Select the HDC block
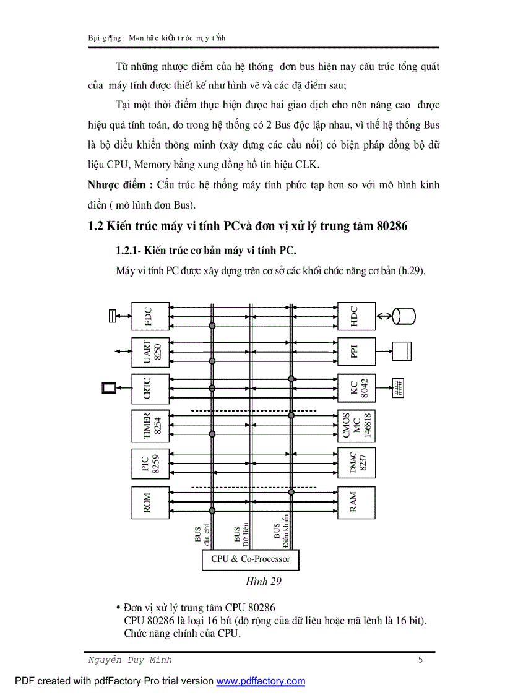coord(356,316)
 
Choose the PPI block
coord(356,353)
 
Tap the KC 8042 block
coord(356,389)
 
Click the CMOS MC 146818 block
coord(356,426)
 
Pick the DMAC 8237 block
coord(356,463)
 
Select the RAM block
coord(356,502)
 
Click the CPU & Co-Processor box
coord(251,559)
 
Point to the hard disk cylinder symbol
coord(404,316)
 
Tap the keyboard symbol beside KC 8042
coord(399,389)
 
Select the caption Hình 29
coord(264,581)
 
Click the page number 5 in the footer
coord(420,660)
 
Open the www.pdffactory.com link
coord(261,681)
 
